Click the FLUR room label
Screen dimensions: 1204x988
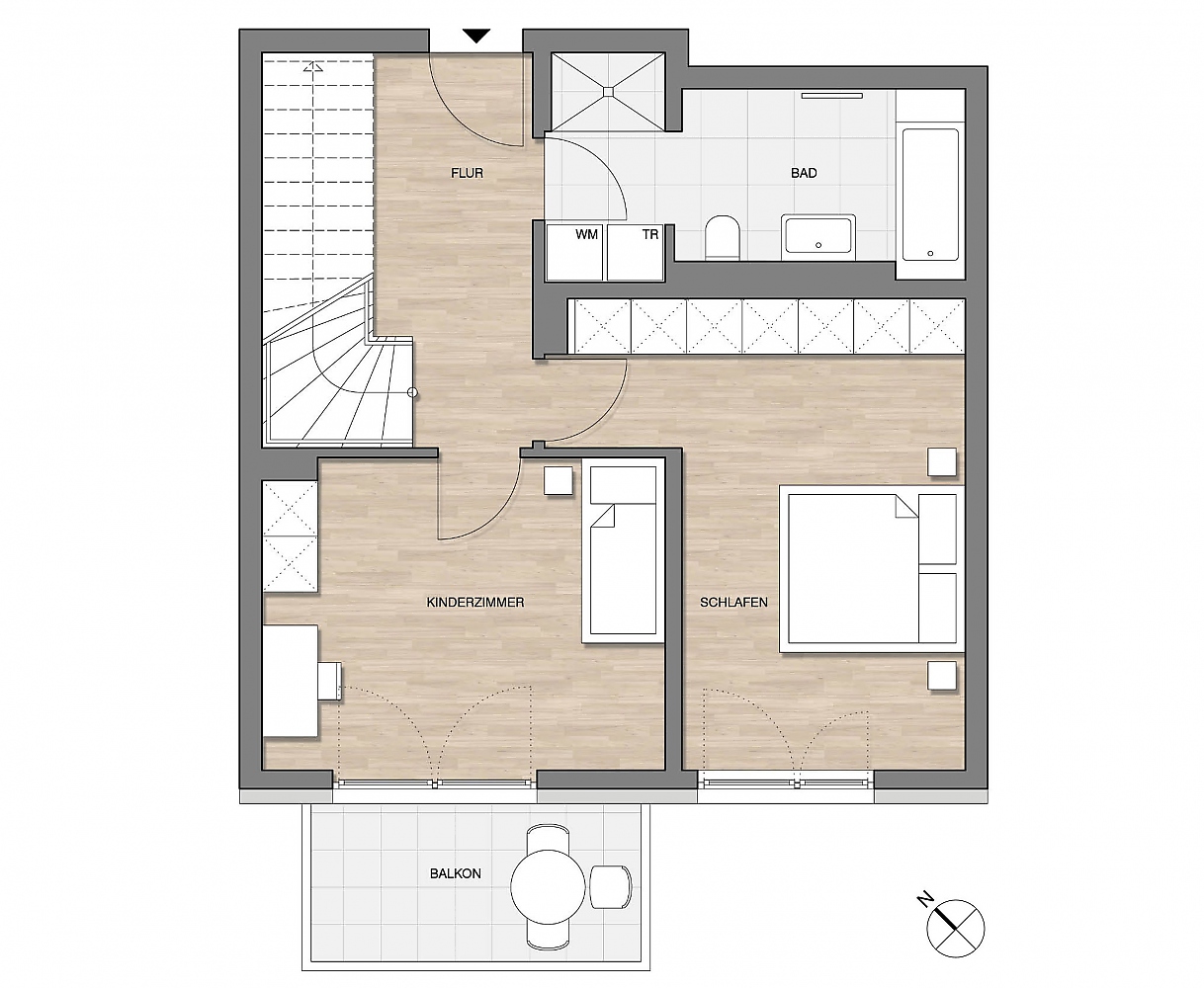(467, 172)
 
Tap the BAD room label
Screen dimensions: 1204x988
(804, 172)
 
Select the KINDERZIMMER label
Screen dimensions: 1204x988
(475, 602)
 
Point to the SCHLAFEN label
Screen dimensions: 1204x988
(733, 602)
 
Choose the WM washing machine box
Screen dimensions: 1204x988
(574, 252)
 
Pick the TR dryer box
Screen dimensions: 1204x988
(636, 252)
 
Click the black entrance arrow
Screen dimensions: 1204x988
(476, 37)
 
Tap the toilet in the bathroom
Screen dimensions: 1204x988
(723, 237)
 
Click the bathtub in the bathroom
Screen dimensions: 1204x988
(930, 194)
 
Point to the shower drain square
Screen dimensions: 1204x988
(608, 91)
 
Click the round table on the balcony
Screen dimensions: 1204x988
(548, 886)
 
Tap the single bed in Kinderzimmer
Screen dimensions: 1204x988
(623, 550)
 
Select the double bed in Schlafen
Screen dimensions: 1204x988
(872, 568)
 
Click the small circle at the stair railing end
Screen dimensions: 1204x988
(412, 392)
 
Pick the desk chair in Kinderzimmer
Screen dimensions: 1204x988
(330, 681)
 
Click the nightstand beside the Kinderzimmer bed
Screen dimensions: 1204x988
(558, 480)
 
